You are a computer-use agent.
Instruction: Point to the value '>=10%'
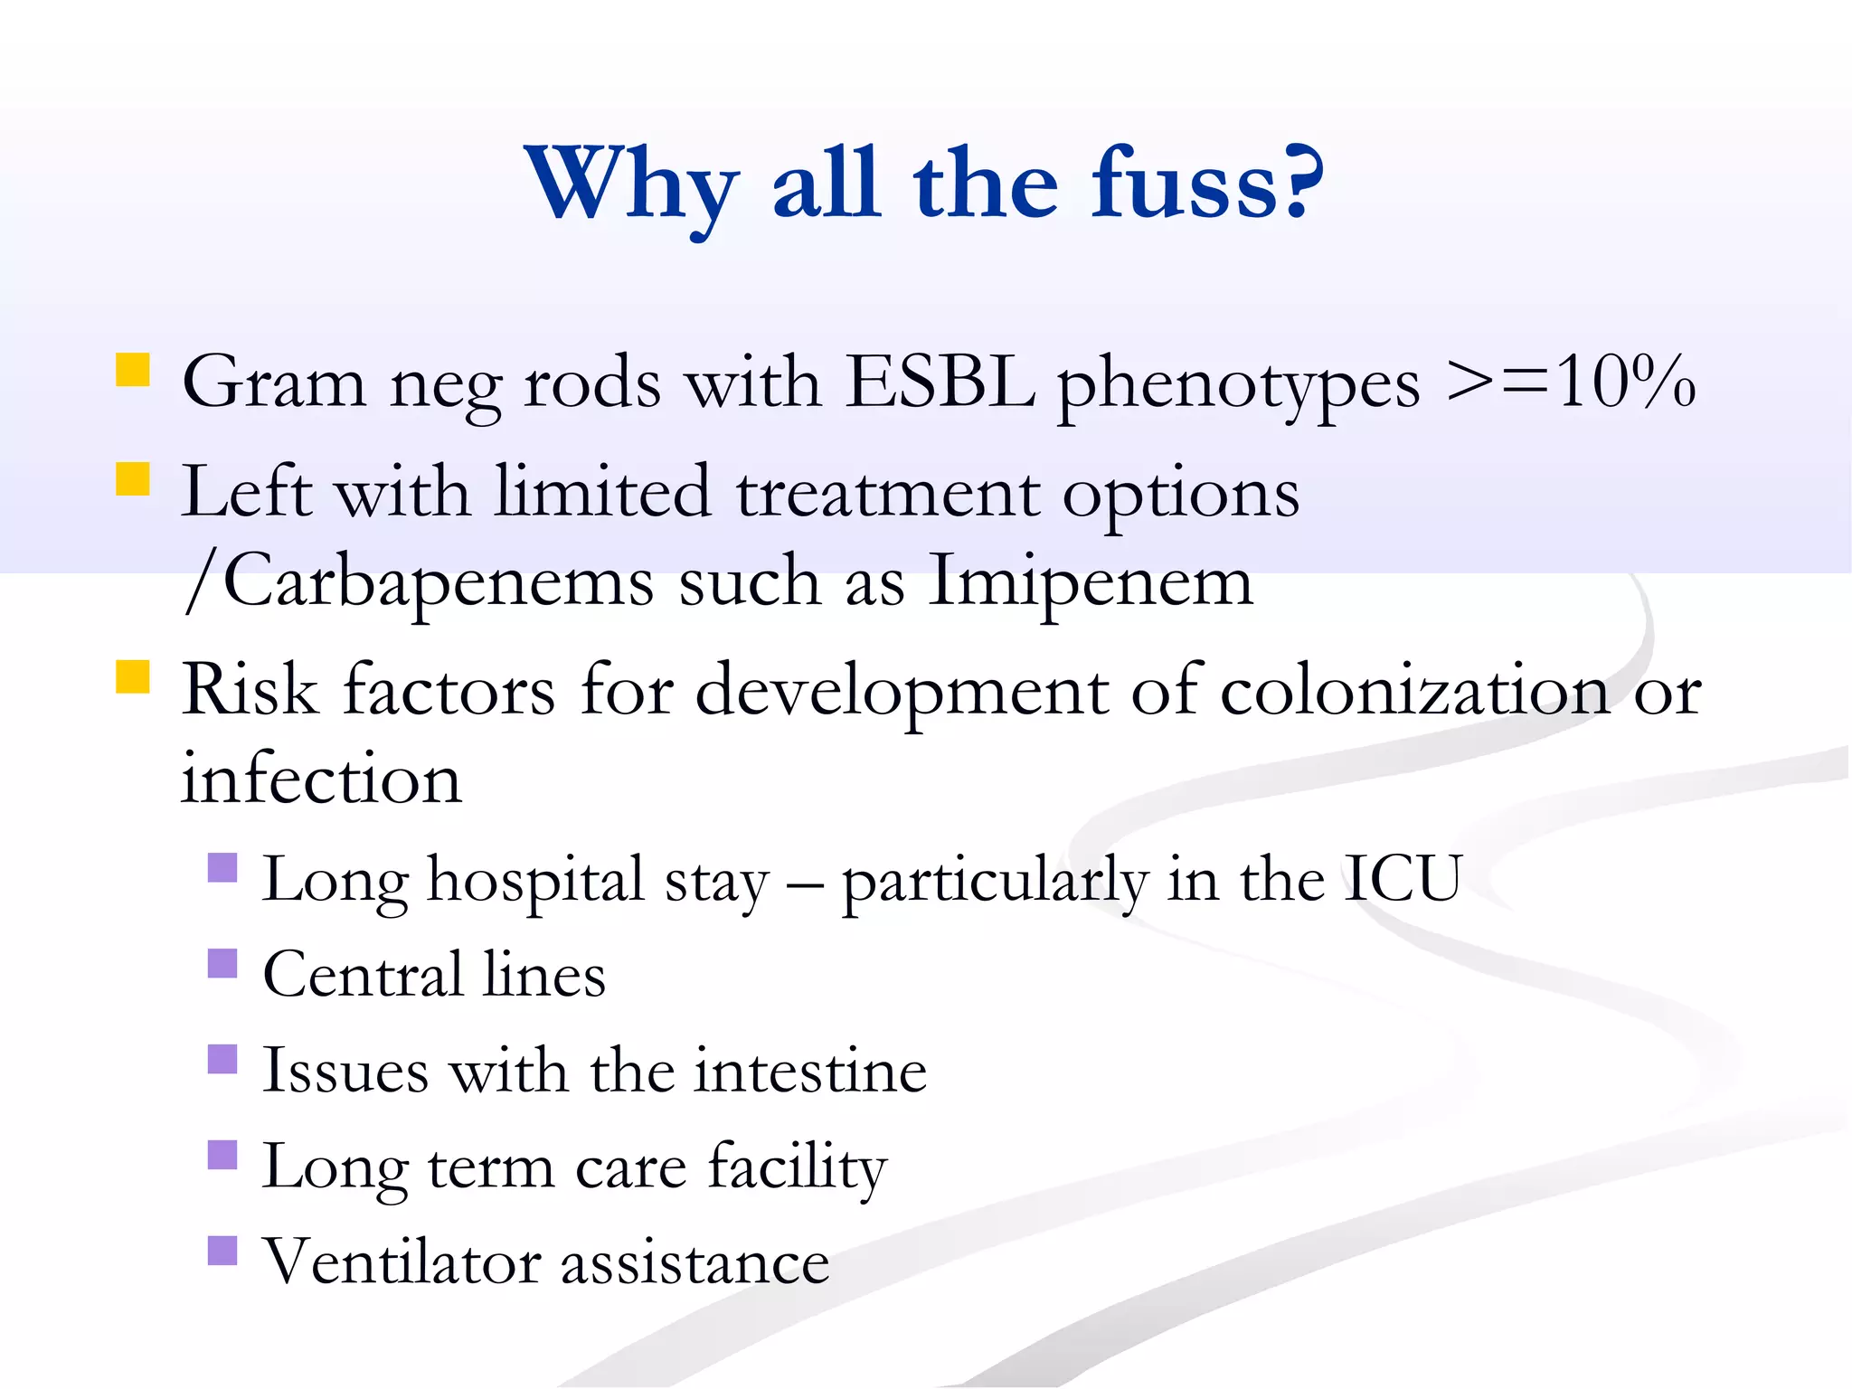pos(1570,383)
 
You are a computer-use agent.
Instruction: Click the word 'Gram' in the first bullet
pos(274,383)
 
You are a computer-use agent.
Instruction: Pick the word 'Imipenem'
pos(1091,581)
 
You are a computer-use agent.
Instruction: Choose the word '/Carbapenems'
pos(419,581)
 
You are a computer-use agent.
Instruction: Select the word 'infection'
pos(321,779)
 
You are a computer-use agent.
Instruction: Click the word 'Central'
pos(363,975)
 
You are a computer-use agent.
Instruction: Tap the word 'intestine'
pos(811,1071)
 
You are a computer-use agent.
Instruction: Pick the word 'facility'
pos(797,1167)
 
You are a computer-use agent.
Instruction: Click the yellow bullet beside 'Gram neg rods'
pos(133,371)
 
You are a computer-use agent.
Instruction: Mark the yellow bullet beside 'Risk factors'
pos(133,676)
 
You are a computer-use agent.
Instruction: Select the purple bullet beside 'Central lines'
pos(222,963)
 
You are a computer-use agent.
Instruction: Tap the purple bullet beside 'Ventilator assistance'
pos(222,1251)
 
